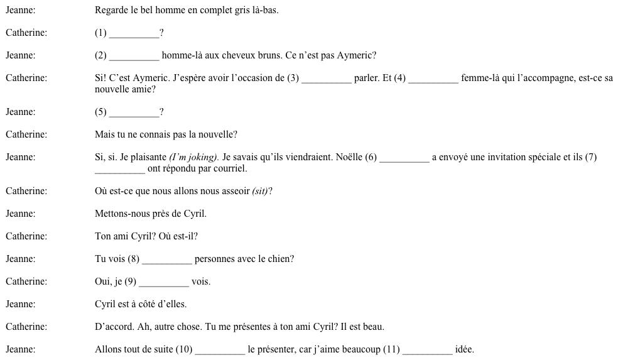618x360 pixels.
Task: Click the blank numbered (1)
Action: point(134,34)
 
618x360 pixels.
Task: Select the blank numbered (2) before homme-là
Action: point(134,57)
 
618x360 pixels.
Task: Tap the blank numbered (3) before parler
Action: point(327,79)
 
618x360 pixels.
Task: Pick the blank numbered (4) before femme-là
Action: point(433,79)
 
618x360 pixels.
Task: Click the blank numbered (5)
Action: point(134,113)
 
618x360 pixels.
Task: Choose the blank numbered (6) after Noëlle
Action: point(404,158)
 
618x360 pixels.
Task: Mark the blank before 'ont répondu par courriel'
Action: point(119,170)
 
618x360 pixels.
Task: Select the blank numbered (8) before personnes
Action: point(166,260)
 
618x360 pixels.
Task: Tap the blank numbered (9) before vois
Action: point(163,283)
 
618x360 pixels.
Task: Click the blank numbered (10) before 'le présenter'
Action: point(220,351)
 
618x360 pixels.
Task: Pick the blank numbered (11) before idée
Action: point(427,351)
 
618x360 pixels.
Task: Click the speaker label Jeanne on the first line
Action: point(20,10)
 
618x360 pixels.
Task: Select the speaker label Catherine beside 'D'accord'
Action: point(26,327)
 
